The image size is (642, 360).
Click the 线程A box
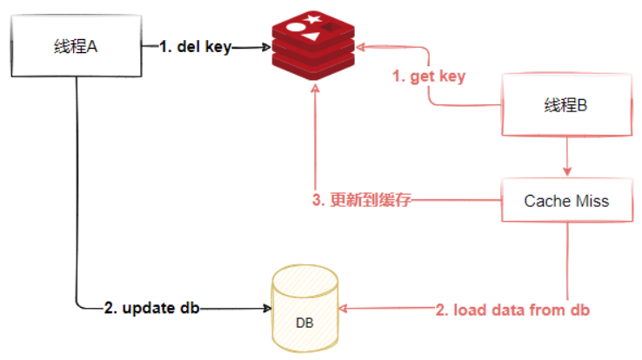pos(77,46)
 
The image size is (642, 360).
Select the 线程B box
pos(566,104)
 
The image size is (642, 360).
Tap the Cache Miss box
pos(567,201)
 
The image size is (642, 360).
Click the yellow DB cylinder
pos(305,308)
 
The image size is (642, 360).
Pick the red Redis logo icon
pos(313,45)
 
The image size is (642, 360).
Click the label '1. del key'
pos(196,47)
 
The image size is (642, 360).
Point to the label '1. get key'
pos(429,77)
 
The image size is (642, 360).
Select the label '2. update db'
pos(151,308)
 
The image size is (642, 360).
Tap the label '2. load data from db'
pos(512,310)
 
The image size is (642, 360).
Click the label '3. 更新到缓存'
pos(362,200)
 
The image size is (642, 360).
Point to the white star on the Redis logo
pos(312,19)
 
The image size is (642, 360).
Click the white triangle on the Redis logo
pos(311,37)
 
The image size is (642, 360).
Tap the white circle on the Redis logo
pos(296,28)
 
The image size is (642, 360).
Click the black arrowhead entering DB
pos(267,308)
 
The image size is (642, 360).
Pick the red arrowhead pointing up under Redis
pos(315,89)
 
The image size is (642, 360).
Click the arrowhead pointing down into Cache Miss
pos(567,171)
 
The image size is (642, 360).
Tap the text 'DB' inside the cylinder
pos(304,323)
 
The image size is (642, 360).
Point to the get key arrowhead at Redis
pos(361,47)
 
